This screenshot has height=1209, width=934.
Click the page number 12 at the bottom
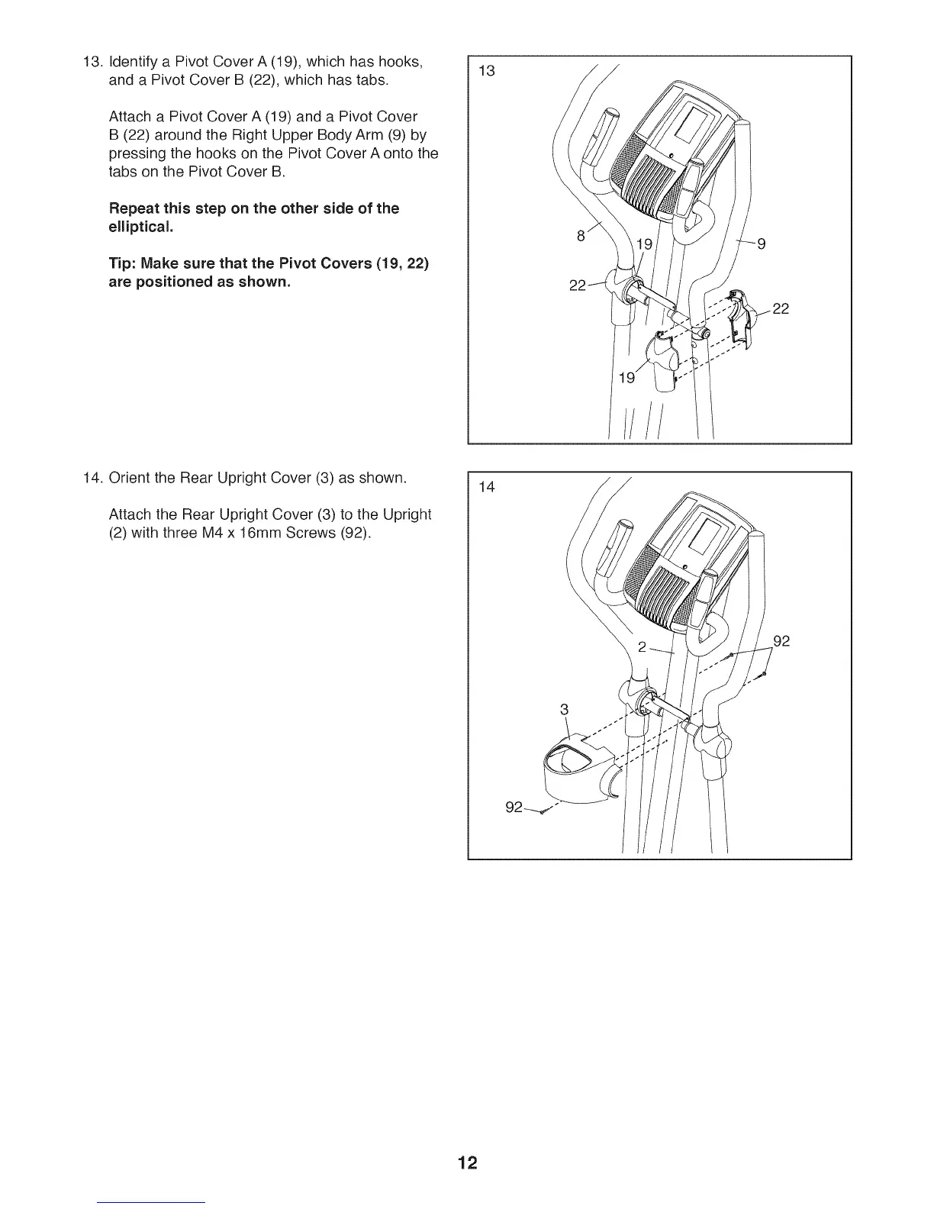click(x=468, y=1162)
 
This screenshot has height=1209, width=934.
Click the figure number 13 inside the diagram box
click(x=487, y=72)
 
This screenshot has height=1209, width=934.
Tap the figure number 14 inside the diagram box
click(x=487, y=487)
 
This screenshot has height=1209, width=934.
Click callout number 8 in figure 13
click(x=581, y=237)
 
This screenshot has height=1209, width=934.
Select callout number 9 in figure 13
click(x=761, y=245)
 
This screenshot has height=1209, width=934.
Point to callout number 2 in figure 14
click(x=643, y=647)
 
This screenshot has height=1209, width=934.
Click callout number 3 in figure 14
click(x=564, y=709)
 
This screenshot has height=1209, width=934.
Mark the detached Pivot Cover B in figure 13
click(x=737, y=317)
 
